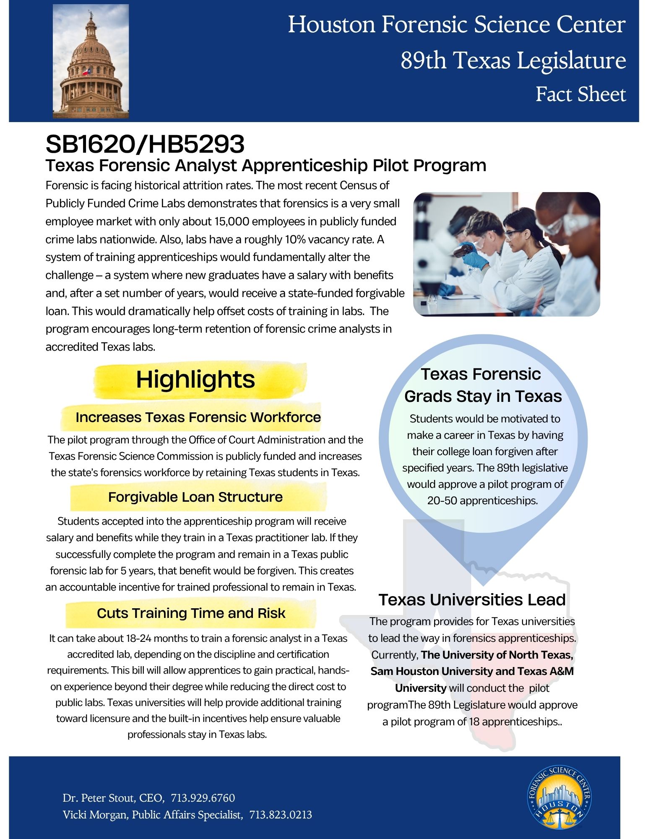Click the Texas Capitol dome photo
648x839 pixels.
point(91,61)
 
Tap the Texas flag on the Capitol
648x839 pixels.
point(86,72)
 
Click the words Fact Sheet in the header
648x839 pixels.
point(580,94)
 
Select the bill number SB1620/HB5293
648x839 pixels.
point(145,144)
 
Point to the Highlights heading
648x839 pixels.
point(195,380)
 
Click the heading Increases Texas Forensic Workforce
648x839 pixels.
point(198,417)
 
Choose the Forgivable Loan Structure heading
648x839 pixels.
point(195,497)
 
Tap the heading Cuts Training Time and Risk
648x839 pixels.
point(191,613)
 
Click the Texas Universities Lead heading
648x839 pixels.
point(472,600)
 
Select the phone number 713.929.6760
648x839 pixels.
point(203,798)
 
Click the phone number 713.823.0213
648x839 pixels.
point(281,815)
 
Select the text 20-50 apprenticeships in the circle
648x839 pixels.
point(482,500)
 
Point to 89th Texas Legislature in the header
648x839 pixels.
point(513,60)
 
